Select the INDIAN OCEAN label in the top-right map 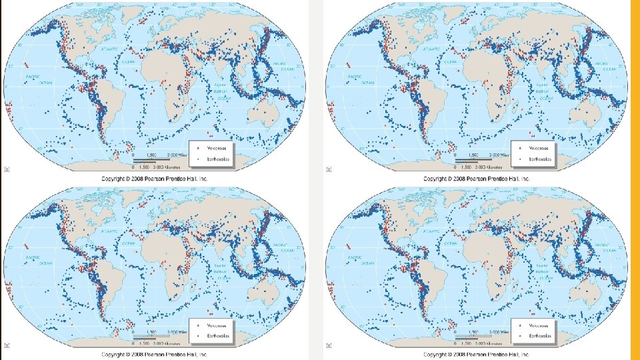[x=543, y=92]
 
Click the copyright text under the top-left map [x=155, y=179]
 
